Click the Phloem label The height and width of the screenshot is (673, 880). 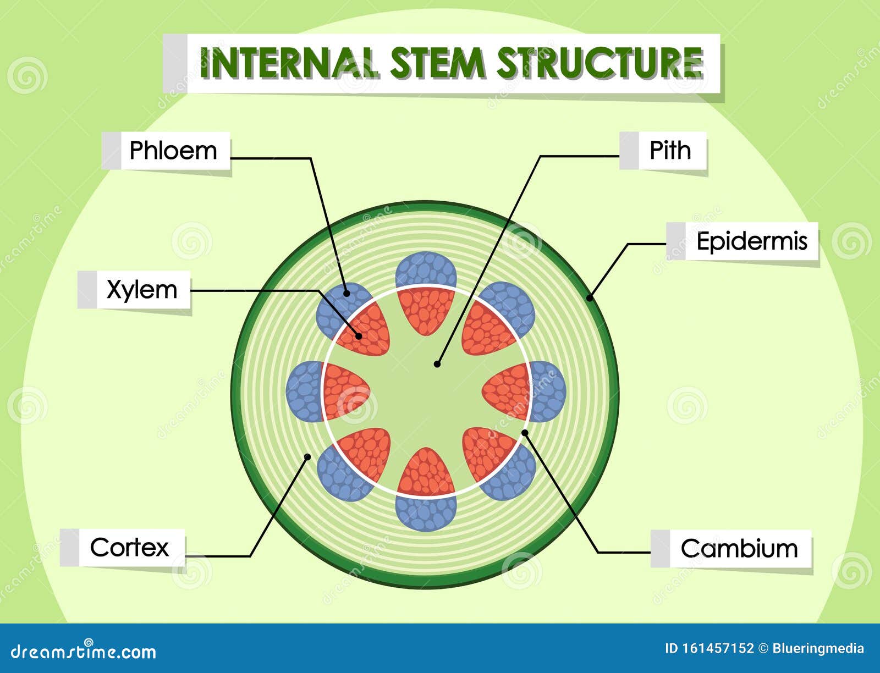pos(173,151)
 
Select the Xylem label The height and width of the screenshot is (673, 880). pos(142,290)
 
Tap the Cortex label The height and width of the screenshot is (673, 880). pos(129,548)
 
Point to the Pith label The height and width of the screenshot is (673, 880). pos(670,151)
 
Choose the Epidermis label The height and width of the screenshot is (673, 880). pos(751,241)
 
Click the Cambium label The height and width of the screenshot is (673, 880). pos(739,549)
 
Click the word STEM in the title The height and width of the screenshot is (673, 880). pos(437,63)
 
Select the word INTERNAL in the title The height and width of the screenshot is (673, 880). pos(289,63)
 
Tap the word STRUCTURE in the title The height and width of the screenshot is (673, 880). pos(599,63)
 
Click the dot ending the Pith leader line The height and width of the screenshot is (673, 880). pos(437,363)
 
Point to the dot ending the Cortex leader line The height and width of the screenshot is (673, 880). pos(308,456)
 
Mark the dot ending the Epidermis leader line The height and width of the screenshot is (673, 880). pos(589,299)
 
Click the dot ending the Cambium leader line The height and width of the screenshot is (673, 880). pos(525,433)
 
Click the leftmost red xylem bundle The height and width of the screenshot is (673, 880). pos(344,391)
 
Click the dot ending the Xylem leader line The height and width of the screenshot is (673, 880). pos(359,335)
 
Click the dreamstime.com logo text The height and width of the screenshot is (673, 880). pos(84,652)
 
